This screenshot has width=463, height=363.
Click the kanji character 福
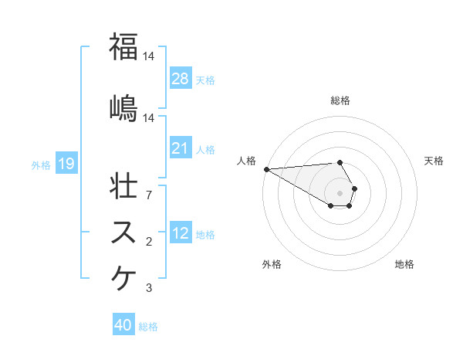(124, 48)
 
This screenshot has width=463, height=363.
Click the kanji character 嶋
(124, 107)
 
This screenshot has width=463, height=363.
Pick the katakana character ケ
(124, 278)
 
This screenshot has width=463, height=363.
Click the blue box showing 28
(180, 79)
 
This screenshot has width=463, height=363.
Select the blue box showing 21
(180, 148)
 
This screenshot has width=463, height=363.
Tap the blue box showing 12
(180, 234)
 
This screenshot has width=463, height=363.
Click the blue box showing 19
(66, 164)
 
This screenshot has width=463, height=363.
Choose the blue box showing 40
(123, 326)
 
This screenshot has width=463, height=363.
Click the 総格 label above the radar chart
(340, 100)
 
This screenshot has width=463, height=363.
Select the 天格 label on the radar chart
(434, 161)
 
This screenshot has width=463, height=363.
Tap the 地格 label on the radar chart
(404, 264)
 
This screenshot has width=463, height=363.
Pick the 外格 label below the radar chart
(272, 264)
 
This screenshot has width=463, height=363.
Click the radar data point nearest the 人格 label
(266, 169)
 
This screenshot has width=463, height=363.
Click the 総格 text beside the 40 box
(148, 327)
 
